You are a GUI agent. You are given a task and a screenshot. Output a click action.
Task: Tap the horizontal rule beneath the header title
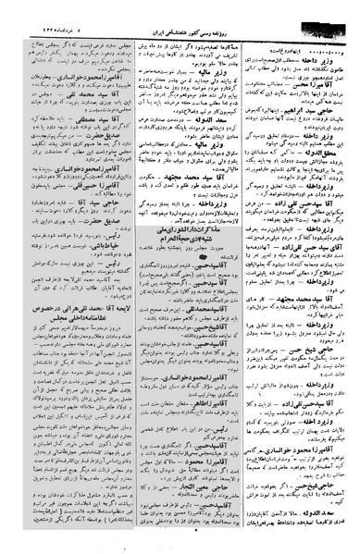(180, 18)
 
